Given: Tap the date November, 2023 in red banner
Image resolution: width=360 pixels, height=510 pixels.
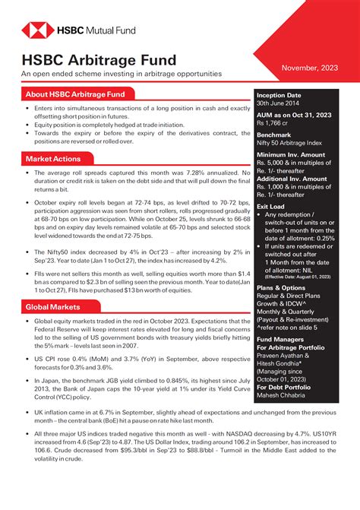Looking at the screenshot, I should tap(310, 68).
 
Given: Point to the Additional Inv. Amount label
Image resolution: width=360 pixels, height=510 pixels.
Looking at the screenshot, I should tap(297, 179).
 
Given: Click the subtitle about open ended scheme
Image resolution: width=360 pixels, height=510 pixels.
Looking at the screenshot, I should tap(122, 74).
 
